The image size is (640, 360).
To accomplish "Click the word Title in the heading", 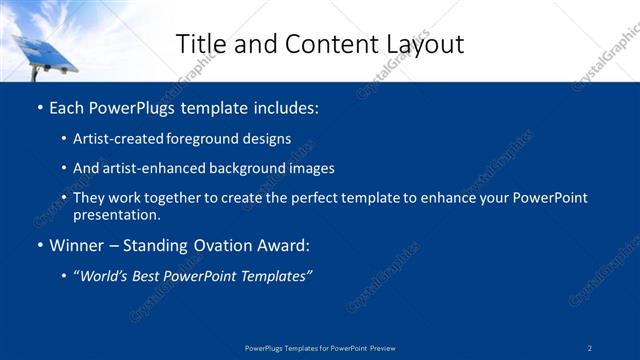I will point(198,44).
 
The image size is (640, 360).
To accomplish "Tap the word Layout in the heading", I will point(426,44).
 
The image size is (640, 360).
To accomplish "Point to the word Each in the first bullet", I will point(68,107).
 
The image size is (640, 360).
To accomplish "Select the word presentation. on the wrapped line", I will point(116,214).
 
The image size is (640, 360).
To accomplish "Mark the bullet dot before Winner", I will point(39,245).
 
